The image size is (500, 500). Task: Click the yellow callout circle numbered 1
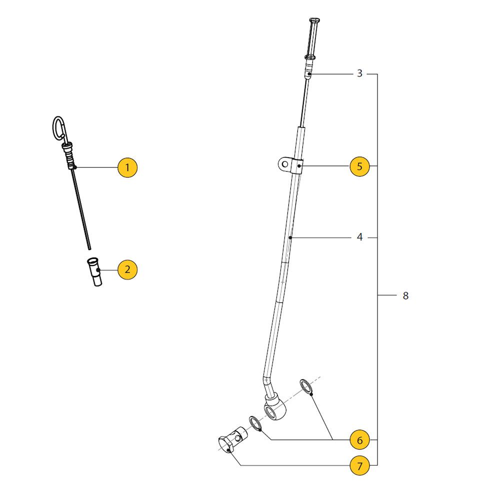pos(127,167)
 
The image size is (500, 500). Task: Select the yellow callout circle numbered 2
pos(127,269)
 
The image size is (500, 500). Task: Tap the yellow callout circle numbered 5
pos(359,166)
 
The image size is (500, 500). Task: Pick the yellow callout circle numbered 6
pos(359,440)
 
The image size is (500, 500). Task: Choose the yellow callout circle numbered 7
pos(359,466)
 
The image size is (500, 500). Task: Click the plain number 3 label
pos(359,73)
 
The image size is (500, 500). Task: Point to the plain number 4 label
pos(359,237)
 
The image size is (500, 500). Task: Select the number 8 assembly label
pos(405,295)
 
